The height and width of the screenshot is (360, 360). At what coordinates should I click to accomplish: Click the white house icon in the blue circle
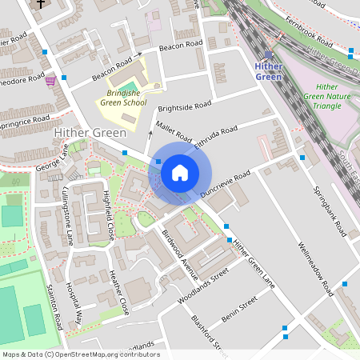click(180, 172)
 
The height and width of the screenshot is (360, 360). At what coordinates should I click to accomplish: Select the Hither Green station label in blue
click(269, 71)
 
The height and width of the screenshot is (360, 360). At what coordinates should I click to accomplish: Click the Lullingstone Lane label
click(68, 216)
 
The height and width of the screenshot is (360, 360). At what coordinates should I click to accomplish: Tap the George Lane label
click(53, 158)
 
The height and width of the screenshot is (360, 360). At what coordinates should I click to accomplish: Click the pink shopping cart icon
click(51, 80)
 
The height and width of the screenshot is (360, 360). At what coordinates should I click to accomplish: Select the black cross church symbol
click(41, 4)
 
